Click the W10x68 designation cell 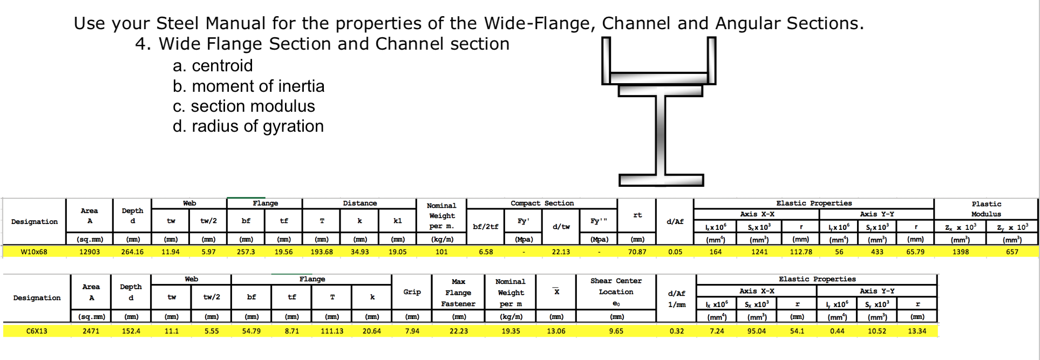coord(34,252)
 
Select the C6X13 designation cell coord(37,331)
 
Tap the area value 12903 coord(90,252)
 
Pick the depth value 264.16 coord(132,252)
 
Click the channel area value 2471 coord(91,331)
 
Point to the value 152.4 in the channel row coord(131,331)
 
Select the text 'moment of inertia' coord(258,86)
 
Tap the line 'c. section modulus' coord(244,106)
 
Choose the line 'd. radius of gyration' coord(248,126)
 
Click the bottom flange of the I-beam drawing coord(661,180)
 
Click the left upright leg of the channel coord(606,59)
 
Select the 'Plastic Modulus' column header coord(986,209)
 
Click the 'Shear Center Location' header coord(616,287)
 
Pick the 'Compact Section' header coord(542,203)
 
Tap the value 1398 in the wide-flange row coord(960,252)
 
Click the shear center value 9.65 coord(616,331)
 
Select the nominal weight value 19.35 coord(511,331)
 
